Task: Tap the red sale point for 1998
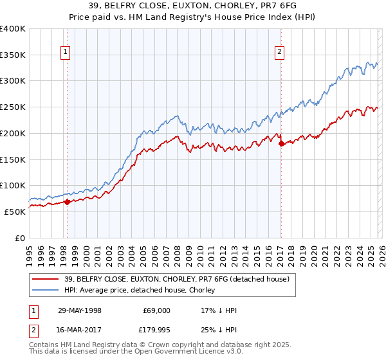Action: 67,202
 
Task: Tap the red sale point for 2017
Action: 281,144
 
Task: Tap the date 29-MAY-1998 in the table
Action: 79,310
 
